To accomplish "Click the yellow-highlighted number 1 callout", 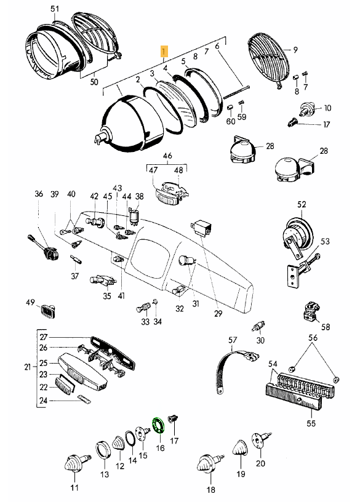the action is [164, 51].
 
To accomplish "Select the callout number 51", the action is [55, 9].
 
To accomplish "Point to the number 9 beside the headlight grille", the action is [295, 50].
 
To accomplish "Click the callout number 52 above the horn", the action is [302, 205].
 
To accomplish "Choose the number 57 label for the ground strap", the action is [233, 340].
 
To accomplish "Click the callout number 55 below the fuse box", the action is [311, 423].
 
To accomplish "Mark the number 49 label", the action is [30, 303].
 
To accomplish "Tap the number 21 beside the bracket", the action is [28, 367].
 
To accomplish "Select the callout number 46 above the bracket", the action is [167, 156].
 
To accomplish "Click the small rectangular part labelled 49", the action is [49, 311].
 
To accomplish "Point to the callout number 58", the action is [326, 327].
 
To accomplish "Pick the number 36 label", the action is [38, 194].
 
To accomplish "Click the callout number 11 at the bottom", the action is [74, 488].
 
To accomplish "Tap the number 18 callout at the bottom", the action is [210, 490].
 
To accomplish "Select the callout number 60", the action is [231, 121].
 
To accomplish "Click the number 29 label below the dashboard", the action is [218, 313].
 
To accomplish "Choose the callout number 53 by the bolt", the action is [325, 241].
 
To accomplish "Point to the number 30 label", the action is [260, 340].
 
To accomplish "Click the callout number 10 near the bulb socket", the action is [327, 108].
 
